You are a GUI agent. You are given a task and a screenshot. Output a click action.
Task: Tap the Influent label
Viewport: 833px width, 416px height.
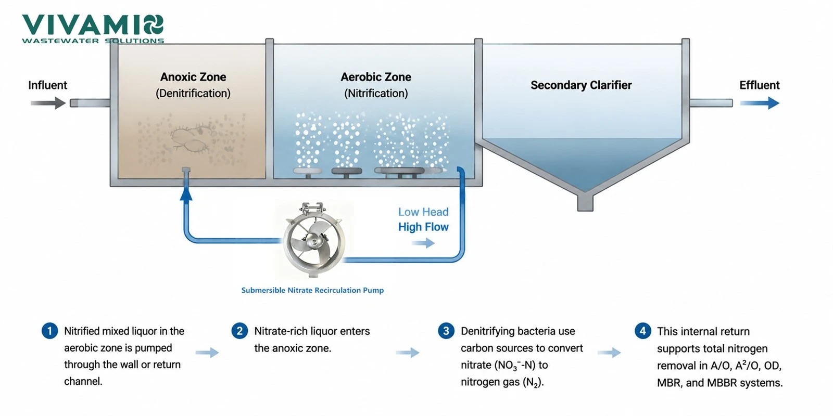coord(47,85)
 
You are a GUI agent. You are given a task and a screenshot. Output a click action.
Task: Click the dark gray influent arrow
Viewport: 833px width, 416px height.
coord(48,103)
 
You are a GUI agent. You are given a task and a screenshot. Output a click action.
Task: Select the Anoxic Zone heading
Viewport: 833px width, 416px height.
coord(193,77)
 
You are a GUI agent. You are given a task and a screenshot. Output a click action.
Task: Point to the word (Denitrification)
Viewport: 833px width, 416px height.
coord(193,93)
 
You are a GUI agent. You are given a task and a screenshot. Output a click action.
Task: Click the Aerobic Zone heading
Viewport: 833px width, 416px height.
coord(376,77)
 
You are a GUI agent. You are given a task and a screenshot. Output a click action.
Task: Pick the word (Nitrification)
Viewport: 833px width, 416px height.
coord(376,93)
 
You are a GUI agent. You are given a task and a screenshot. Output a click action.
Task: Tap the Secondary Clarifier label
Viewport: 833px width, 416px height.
coord(581,85)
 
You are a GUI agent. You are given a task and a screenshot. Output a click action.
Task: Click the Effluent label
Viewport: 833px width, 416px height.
coord(760,85)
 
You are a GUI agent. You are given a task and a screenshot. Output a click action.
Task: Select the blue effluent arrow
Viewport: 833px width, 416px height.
coord(760,103)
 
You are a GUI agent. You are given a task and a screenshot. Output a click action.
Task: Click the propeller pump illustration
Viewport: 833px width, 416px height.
coord(314,240)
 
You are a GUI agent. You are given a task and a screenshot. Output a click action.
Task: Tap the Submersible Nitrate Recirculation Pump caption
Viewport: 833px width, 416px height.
coord(312,290)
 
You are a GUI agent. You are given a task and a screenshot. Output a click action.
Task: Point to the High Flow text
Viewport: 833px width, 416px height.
coord(423,227)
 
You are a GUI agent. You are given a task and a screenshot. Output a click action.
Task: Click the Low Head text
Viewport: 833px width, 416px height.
coord(423,212)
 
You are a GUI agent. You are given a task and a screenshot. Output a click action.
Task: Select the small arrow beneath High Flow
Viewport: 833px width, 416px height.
coord(423,243)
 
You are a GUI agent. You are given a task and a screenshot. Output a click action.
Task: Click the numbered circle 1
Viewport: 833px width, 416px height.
coord(49,331)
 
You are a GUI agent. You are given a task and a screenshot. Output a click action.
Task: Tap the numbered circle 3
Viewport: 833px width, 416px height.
coord(446,331)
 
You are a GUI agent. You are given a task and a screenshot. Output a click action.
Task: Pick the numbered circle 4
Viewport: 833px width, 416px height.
coord(642,331)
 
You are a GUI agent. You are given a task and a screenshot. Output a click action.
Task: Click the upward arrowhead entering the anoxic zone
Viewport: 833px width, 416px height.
coord(186,194)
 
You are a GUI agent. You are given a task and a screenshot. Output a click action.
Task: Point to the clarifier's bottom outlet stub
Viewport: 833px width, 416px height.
coord(585,203)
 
